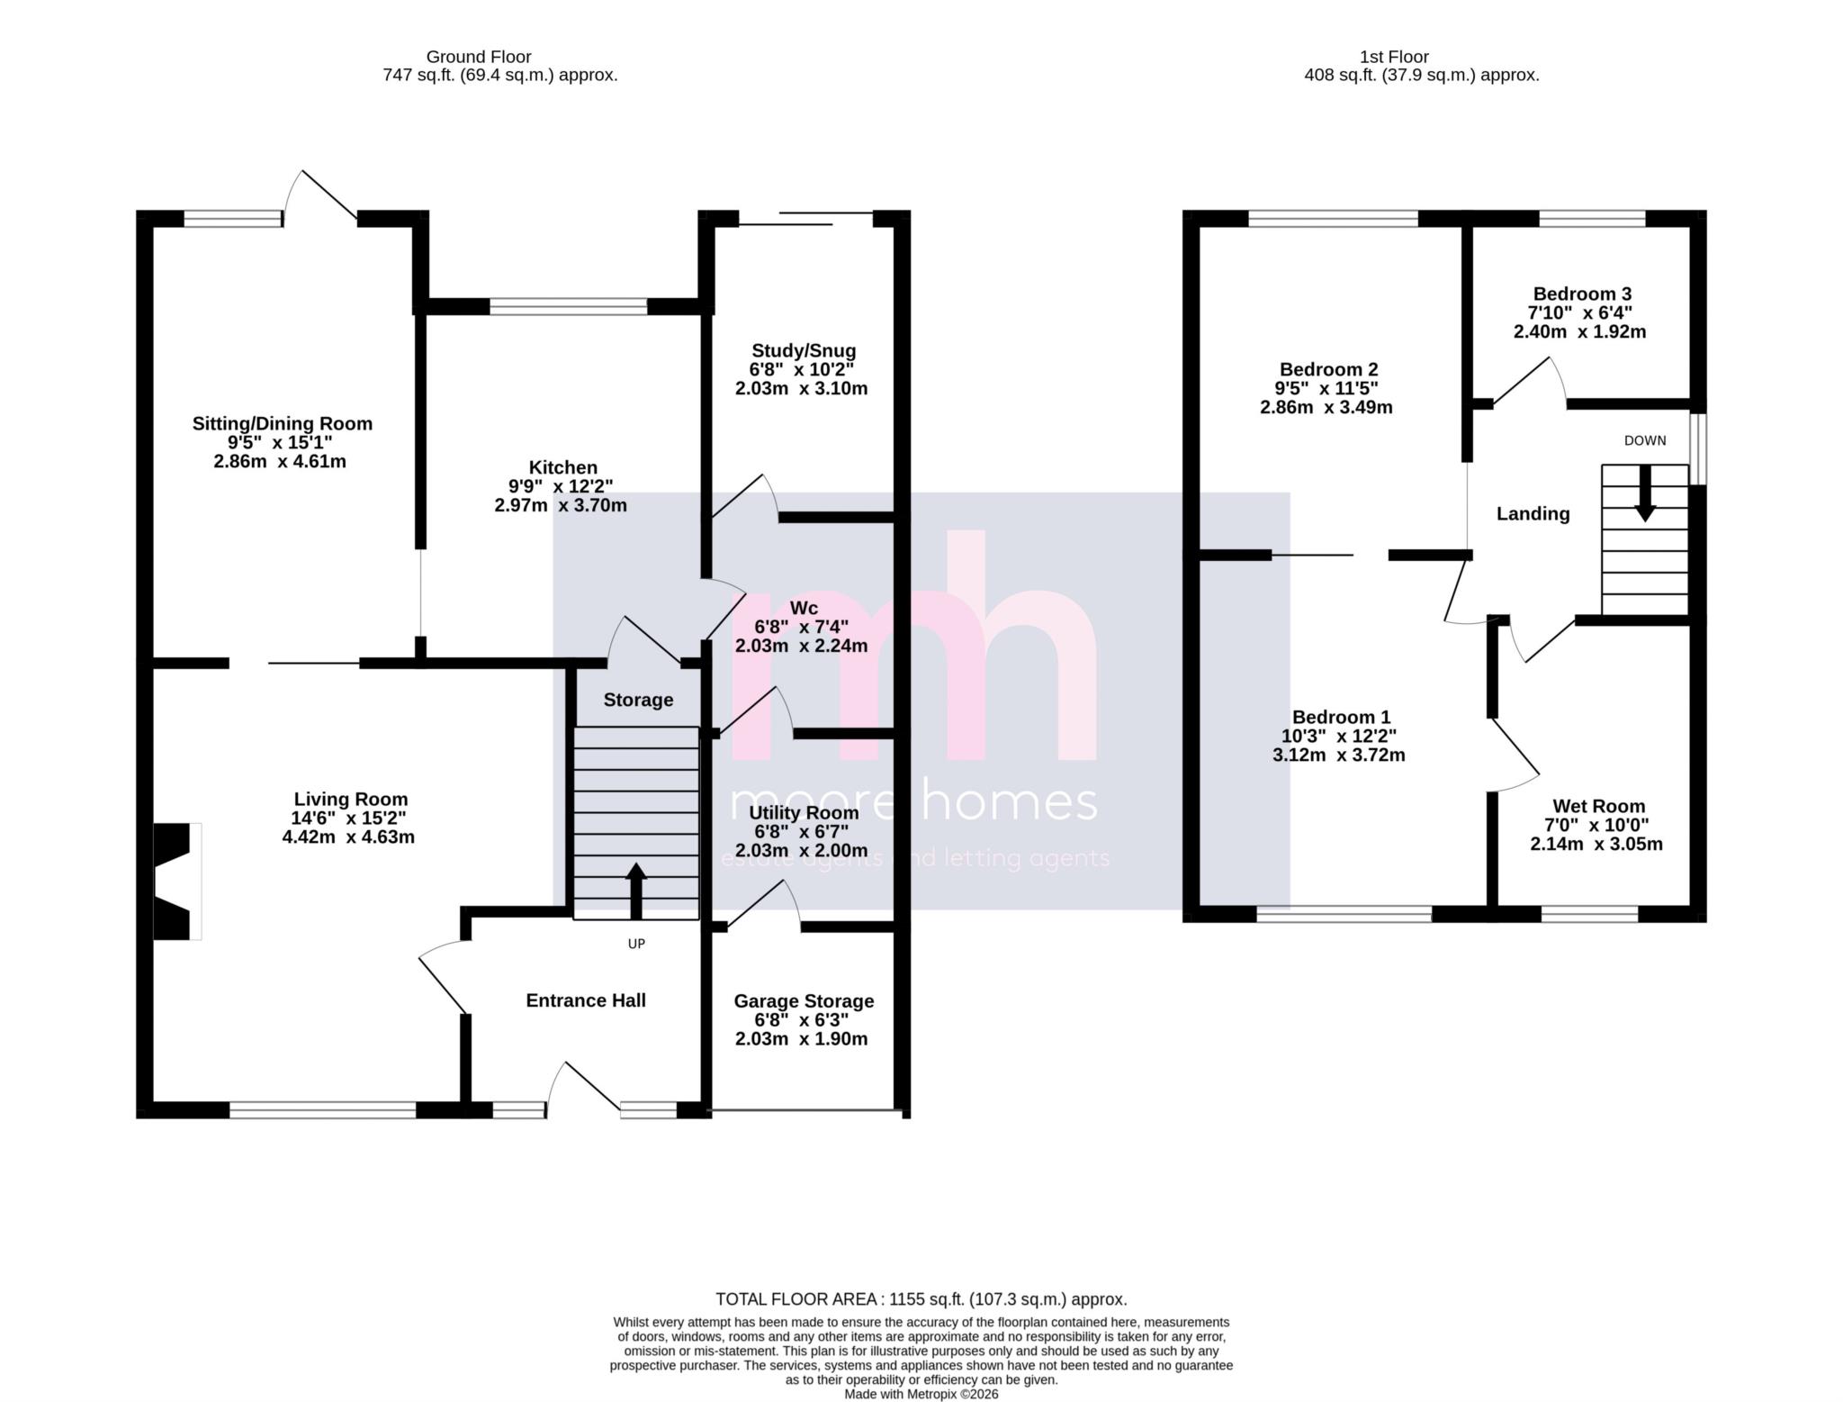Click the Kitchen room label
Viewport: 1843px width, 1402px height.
click(x=562, y=467)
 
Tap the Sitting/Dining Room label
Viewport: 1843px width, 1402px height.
click(x=282, y=423)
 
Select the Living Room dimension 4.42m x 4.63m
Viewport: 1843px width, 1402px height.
click(x=348, y=837)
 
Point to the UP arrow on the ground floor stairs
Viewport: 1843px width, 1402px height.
click(x=636, y=889)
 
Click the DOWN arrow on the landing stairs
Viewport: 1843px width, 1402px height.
click(x=1645, y=493)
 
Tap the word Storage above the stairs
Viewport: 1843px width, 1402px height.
click(x=638, y=700)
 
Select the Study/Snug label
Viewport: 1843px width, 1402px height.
click(x=803, y=350)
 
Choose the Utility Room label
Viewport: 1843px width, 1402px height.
click(x=804, y=812)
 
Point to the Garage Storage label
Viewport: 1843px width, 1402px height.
click(x=804, y=1000)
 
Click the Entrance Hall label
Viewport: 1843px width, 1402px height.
click(x=586, y=999)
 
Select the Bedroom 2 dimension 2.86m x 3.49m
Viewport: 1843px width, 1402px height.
click(x=1326, y=407)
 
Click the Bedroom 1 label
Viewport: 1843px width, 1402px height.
click(x=1341, y=717)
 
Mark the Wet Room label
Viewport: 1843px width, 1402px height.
click(x=1598, y=806)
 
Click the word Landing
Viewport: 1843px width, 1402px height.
click(x=1533, y=513)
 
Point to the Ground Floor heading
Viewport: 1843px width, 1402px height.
click(x=479, y=57)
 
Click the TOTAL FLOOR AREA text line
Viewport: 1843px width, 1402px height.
click(x=921, y=1299)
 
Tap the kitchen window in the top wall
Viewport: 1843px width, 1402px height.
click(x=568, y=307)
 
